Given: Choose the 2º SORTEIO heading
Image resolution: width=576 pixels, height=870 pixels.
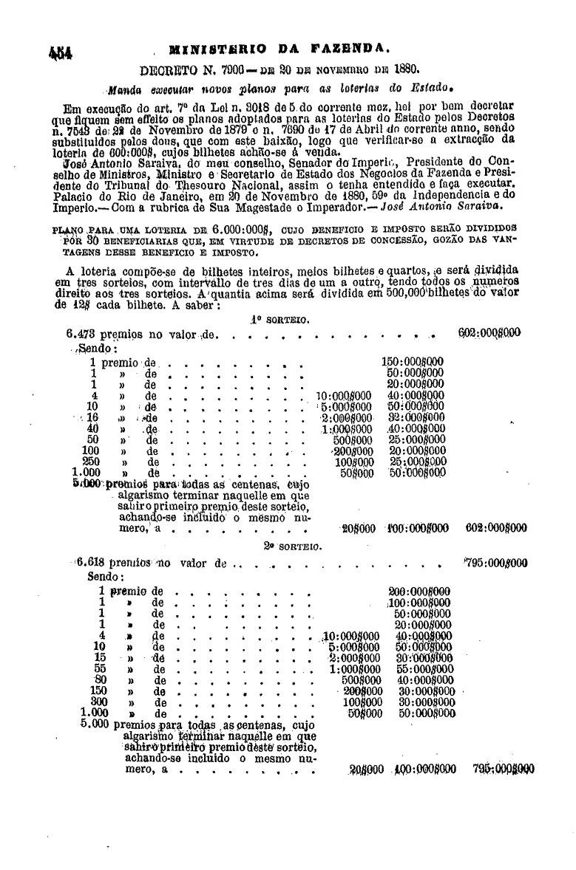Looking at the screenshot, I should [290, 547].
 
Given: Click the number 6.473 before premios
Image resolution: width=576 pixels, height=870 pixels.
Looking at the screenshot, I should [81, 335].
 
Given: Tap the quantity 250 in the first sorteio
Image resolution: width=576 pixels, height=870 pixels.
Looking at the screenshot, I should [91, 462].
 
